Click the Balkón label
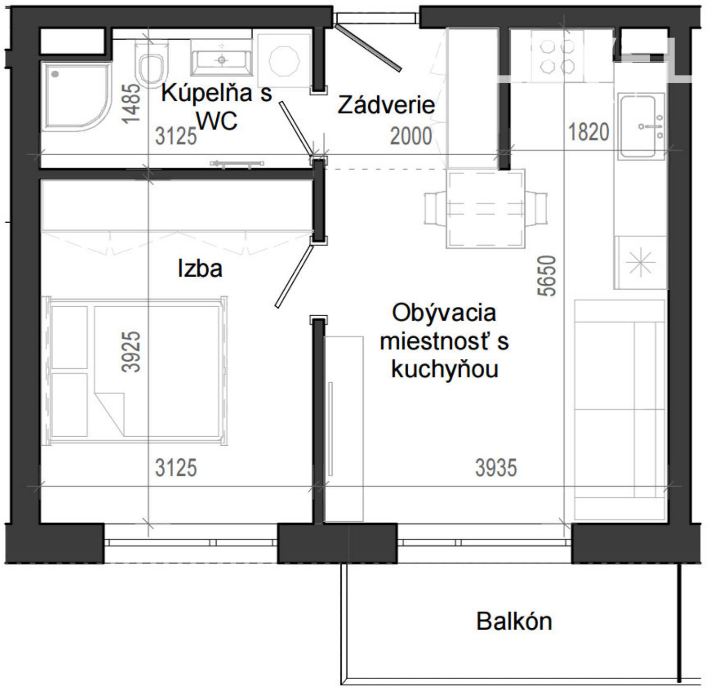click(x=514, y=621)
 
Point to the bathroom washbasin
click(x=222, y=62)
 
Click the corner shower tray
click(x=76, y=97)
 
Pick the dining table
click(x=486, y=208)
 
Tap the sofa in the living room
click(x=619, y=410)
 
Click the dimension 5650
click(x=547, y=276)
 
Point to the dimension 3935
click(x=496, y=468)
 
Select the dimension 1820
click(x=589, y=132)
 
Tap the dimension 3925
click(x=131, y=352)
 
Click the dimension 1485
click(x=131, y=104)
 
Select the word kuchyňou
click(x=445, y=369)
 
